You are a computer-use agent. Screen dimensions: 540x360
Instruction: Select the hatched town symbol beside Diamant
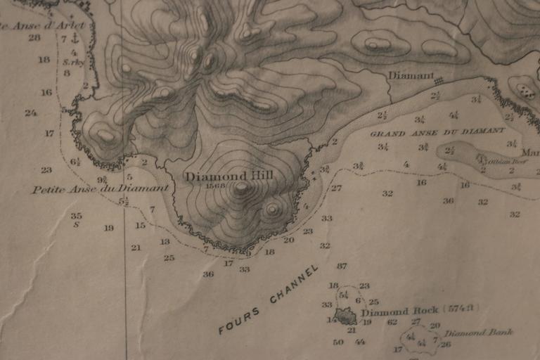click(439, 79)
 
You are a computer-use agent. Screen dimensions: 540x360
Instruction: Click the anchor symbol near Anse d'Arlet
click(75, 39)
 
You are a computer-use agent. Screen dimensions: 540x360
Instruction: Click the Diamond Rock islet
click(345, 317)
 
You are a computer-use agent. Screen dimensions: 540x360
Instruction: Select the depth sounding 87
click(342, 266)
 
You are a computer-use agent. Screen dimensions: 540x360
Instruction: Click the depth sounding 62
click(392, 322)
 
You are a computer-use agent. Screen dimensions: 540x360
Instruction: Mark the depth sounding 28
click(34, 37)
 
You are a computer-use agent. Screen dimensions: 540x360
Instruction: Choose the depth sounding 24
click(30, 112)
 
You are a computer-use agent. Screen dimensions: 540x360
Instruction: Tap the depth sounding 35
click(76, 216)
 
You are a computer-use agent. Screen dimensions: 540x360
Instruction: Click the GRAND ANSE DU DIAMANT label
click(437, 131)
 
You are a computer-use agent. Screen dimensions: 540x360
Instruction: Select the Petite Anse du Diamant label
click(101, 188)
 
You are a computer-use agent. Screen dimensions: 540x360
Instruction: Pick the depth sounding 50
click(338, 342)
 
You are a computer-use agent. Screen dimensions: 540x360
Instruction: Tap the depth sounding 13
click(165, 241)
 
